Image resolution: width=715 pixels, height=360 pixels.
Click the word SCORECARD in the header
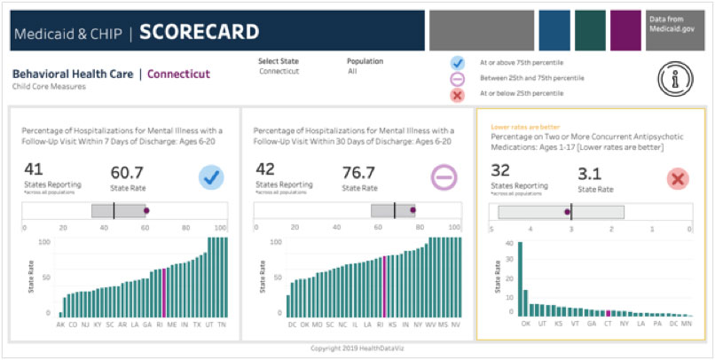(x=199, y=33)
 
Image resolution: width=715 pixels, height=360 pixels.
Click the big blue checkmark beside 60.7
(x=211, y=177)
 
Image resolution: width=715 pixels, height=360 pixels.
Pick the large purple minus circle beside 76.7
(x=443, y=177)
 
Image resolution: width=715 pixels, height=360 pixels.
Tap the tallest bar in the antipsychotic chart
(x=520, y=278)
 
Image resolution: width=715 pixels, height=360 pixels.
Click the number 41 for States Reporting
(x=34, y=169)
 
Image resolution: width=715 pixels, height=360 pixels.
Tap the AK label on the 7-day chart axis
(x=60, y=325)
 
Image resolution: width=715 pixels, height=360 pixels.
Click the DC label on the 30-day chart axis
(x=292, y=325)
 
